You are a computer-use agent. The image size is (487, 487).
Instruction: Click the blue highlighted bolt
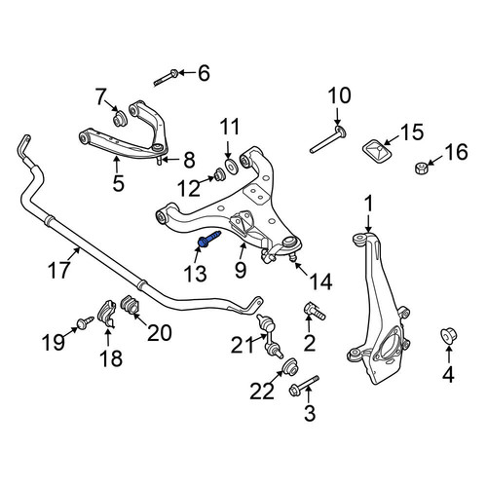(x=209, y=239)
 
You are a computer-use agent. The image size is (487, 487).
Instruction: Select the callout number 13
(x=195, y=274)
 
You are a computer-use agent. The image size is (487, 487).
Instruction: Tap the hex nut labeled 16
(x=422, y=169)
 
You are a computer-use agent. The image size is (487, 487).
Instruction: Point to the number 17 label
(x=58, y=270)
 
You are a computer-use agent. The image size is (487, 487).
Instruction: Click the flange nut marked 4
(x=449, y=336)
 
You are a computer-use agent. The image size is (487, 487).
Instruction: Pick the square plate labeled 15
(x=377, y=151)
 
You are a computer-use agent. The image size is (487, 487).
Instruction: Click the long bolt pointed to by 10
(x=327, y=140)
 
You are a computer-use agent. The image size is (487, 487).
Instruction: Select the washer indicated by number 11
(x=232, y=166)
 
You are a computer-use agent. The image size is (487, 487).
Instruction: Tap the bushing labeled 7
(x=120, y=119)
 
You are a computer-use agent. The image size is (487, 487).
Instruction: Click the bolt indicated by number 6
(x=166, y=79)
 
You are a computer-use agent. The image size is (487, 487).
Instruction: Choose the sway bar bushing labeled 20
(x=130, y=305)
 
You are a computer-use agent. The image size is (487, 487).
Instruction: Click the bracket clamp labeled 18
(x=107, y=314)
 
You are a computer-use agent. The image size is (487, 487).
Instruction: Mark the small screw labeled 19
(x=85, y=322)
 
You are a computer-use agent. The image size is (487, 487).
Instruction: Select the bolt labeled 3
(x=304, y=386)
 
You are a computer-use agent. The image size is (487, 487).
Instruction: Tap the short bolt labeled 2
(x=314, y=311)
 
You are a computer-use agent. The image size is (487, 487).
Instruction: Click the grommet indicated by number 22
(x=289, y=367)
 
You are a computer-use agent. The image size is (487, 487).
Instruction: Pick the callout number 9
(x=241, y=270)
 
